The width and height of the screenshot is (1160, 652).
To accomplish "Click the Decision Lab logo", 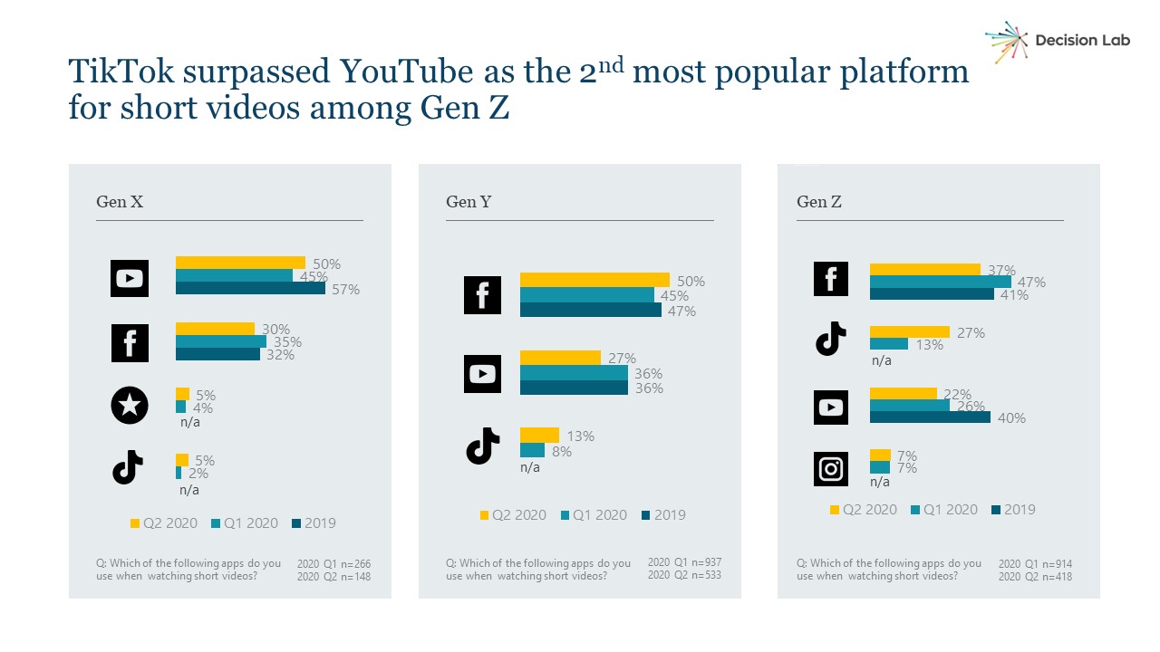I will (x=1057, y=41).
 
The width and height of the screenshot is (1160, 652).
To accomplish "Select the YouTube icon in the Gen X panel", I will (x=129, y=278).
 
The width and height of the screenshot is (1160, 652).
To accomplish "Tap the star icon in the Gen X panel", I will (x=129, y=406).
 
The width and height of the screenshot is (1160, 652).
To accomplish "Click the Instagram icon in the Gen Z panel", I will (x=831, y=469).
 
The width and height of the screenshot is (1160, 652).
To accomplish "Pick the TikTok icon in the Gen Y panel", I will (x=482, y=446).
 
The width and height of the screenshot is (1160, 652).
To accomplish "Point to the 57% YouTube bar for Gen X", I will (x=250, y=289).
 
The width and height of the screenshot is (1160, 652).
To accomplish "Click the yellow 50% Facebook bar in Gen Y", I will (x=594, y=280).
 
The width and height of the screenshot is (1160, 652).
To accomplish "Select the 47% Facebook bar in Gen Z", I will (x=940, y=282).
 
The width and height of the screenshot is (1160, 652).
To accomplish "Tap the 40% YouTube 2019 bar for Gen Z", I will (x=930, y=417).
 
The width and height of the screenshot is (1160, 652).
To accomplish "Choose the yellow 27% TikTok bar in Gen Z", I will (x=910, y=331).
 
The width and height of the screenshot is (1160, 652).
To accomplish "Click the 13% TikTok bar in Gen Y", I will (x=539, y=435).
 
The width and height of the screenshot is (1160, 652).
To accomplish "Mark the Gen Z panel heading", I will (x=819, y=202).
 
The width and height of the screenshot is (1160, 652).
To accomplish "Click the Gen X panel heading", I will (x=120, y=202).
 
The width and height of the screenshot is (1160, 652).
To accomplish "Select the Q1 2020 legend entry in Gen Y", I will (x=594, y=514).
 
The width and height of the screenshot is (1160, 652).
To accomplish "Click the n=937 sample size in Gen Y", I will (x=703, y=562).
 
